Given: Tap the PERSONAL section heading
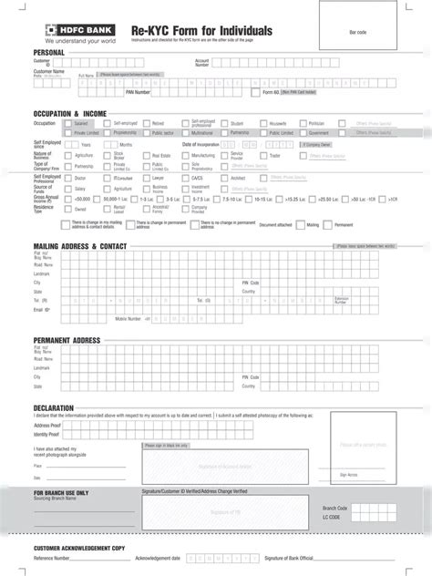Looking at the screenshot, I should tap(49, 53).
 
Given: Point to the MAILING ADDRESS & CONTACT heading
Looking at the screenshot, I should tap(80, 247).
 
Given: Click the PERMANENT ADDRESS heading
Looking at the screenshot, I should tap(67, 340).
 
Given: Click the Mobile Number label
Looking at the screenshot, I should tap(128, 319).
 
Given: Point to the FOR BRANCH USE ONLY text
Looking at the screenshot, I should tap(61, 493).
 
